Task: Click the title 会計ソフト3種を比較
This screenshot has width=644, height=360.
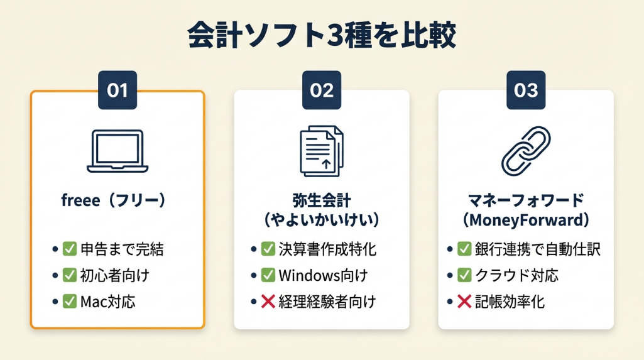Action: point(322,35)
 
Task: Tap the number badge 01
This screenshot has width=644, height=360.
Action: point(117,90)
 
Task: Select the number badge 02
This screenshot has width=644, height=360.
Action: point(322,90)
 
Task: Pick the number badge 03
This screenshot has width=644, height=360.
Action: point(526,90)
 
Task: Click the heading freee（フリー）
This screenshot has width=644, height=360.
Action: point(113,200)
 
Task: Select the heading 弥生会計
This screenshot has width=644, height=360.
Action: point(322,200)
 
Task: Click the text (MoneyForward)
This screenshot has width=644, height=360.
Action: point(526,220)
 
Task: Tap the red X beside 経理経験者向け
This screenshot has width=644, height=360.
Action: point(268,302)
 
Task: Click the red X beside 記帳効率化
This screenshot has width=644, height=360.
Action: point(464,302)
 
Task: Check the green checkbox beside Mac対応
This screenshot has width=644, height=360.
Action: point(69,302)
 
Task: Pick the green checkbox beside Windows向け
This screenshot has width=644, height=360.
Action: point(268,275)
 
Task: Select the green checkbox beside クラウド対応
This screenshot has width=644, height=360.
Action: point(464,275)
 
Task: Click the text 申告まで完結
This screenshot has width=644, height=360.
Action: point(122,249)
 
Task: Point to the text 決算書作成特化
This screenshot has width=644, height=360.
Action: point(327,249)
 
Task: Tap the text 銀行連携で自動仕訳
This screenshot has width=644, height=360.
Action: point(538,249)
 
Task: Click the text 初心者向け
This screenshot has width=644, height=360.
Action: point(114,275)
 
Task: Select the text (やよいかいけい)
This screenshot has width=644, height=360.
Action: point(322,220)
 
